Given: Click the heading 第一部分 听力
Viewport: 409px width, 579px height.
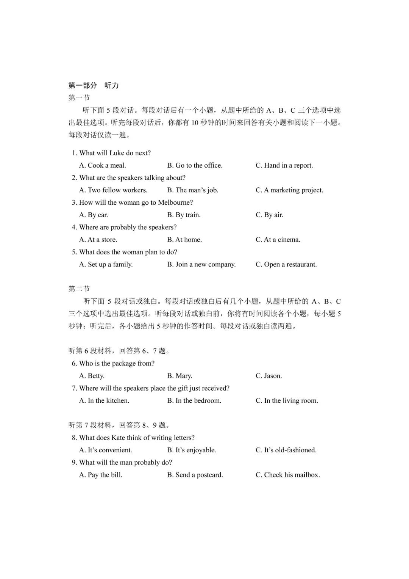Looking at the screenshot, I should click(x=94, y=85).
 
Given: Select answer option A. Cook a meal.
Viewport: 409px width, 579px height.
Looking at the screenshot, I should click(x=103, y=165).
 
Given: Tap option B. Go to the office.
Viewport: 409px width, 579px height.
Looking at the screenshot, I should click(x=195, y=165).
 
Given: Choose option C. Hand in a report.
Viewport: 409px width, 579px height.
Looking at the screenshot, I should click(x=284, y=165).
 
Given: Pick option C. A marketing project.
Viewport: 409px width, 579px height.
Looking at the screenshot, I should click(x=289, y=190).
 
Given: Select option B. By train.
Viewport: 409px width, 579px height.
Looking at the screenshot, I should click(x=184, y=215).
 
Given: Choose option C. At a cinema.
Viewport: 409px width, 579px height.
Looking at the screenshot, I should click(x=278, y=240).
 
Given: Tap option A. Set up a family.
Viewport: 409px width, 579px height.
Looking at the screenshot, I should click(x=106, y=264).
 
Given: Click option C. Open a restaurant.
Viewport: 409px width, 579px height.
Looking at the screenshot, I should click(x=286, y=264).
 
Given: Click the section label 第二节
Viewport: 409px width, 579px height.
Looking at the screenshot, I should click(x=79, y=289).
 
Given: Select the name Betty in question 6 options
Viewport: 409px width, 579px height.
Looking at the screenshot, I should click(x=96, y=376).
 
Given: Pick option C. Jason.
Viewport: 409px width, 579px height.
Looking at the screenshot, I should click(x=269, y=376).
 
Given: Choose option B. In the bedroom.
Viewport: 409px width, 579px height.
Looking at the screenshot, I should click(x=194, y=400).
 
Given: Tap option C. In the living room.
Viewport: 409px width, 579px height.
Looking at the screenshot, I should click(x=287, y=400).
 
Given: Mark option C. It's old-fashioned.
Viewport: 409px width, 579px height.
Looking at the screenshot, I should click(x=286, y=450).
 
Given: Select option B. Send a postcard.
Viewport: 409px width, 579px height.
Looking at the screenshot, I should click(x=195, y=475).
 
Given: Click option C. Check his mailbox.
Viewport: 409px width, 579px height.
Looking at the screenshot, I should click(x=287, y=475).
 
